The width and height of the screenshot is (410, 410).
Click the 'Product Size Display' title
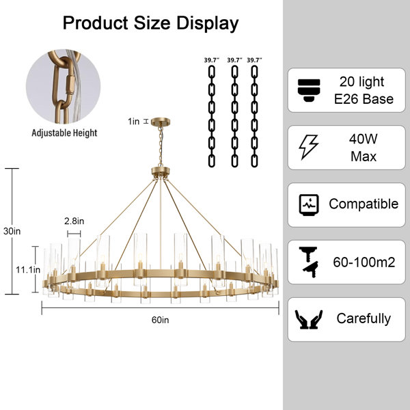[x=150, y=23]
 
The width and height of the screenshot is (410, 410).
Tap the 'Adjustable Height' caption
[x=64, y=133]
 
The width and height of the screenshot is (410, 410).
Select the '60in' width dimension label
[x=161, y=320]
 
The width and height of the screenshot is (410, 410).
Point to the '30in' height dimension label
[x=12, y=231]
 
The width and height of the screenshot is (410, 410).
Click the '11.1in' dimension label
[x=28, y=270]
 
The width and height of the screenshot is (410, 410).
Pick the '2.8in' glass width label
[x=74, y=221]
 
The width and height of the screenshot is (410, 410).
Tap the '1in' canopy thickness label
[x=134, y=122]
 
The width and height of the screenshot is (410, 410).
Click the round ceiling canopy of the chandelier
[x=161, y=122]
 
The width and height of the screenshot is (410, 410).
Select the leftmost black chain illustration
[x=212, y=116]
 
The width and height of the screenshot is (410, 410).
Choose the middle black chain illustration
[x=235, y=116]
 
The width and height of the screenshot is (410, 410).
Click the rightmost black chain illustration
[x=254, y=116]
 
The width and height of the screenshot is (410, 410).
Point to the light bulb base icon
[x=309, y=90]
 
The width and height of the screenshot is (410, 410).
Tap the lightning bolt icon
[x=309, y=147]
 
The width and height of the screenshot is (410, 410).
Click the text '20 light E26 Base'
[x=364, y=90]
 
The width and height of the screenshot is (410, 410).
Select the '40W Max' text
[x=364, y=148]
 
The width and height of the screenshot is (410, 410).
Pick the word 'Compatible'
[x=364, y=204]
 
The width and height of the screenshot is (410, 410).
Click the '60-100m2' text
[x=364, y=262]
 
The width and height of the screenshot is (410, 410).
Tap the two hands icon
[x=309, y=319]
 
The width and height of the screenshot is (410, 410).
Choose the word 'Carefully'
[x=364, y=318]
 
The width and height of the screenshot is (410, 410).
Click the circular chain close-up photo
[x=63, y=87]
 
